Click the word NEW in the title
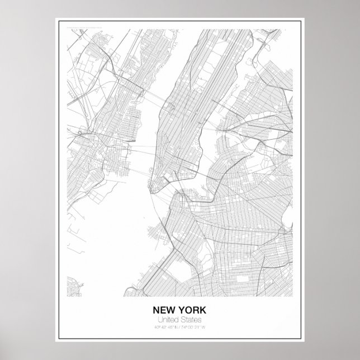pos(164,310)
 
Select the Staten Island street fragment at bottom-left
pos(74,288)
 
